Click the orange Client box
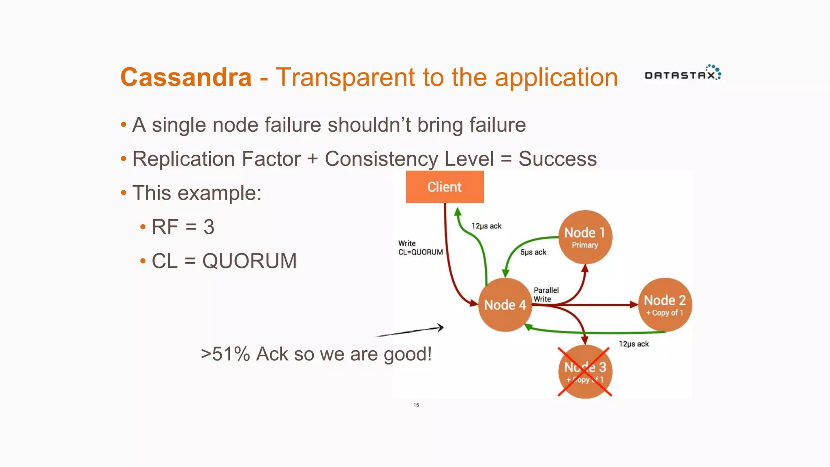pyautogui.click(x=445, y=187)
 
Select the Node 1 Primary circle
pyautogui.click(x=585, y=237)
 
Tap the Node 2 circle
pyautogui.click(x=665, y=305)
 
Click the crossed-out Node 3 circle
pyautogui.click(x=585, y=372)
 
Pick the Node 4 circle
pyautogui.click(x=505, y=305)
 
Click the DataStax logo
pyautogui.click(x=682, y=73)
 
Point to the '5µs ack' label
pyautogui.click(x=533, y=252)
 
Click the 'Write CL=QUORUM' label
pyautogui.click(x=420, y=248)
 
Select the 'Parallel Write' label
pyautogui.click(x=545, y=295)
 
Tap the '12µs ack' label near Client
pyautogui.click(x=486, y=226)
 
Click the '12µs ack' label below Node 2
pyautogui.click(x=633, y=344)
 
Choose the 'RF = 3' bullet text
pyautogui.click(x=183, y=227)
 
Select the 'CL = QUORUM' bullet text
pyautogui.click(x=224, y=261)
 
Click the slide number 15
pyautogui.click(x=416, y=405)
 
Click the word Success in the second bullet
pyautogui.click(x=557, y=159)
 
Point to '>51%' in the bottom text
pyautogui.click(x=225, y=354)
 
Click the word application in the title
pyautogui.click(x=556, y=78)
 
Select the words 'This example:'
pyautogui.click(x=197, y=193)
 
